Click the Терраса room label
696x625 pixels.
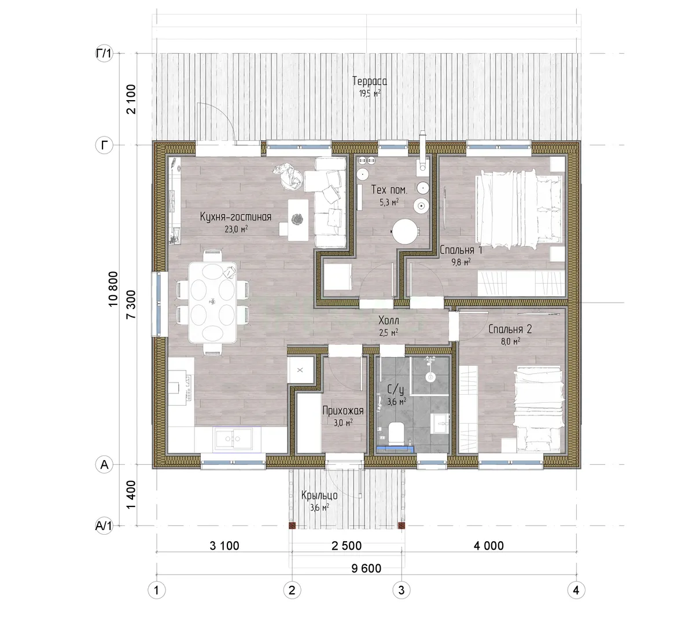coord(370,81)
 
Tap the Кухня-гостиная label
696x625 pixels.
coord(235,217)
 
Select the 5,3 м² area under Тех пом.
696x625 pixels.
coord(389,202)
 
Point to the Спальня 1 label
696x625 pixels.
coord(461,250)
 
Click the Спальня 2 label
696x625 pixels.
coord(510,329)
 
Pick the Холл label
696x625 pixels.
coord(389,321)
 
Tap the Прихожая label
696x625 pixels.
coord(343,411)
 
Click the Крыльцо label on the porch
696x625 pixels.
coord(319,495)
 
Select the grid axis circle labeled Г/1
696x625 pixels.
coord(104,53)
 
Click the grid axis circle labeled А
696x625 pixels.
coord(104,465)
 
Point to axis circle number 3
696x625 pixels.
coord(402,590)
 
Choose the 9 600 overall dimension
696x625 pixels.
coord(366,568)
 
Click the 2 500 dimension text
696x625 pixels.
coord(347,546)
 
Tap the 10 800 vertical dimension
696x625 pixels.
coord(113,289)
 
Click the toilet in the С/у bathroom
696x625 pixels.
coord(396,433)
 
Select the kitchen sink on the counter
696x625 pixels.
coord(233,439)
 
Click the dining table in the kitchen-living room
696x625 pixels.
coord(213,302)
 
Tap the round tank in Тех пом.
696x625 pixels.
coord(406,231)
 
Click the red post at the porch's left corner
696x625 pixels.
coord(292,525)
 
